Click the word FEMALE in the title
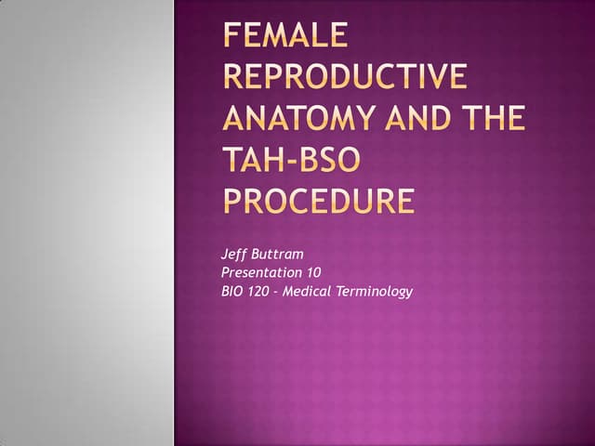(286, 36)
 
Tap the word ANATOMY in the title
(300, 119)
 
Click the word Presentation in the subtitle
(261, 272)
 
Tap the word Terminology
(379, 292)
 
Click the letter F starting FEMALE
(232, 36)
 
